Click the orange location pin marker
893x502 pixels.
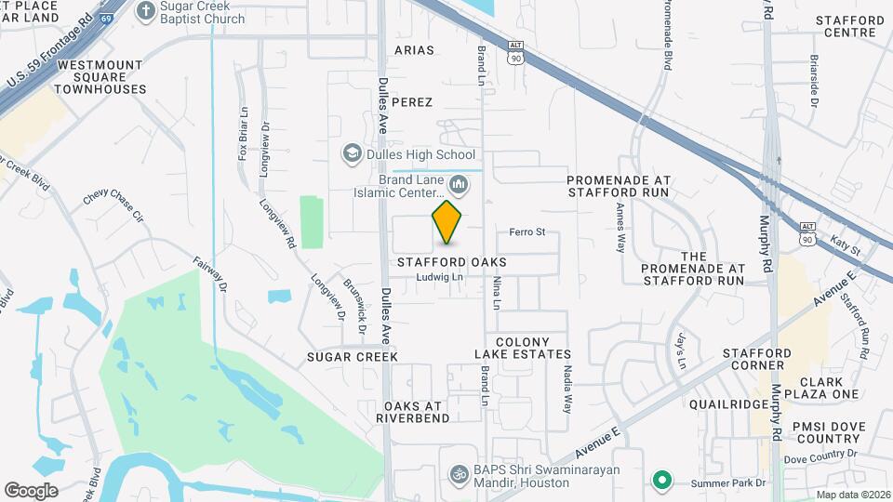pos(447,221)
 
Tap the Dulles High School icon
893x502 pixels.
pos(353,154)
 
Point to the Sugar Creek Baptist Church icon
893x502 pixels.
pos(144,10)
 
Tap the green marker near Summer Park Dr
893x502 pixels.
pos(661,480)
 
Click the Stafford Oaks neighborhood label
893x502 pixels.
pos(452,262)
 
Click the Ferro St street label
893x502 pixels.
pos(526,231)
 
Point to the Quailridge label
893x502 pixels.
pos(727,404)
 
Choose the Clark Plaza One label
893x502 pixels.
pos(820,388)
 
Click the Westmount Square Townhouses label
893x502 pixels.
pos(100,77)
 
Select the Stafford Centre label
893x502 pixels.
pos(850,26)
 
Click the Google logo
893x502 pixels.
pos(32,490)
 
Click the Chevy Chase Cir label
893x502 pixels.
pos(114,205)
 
